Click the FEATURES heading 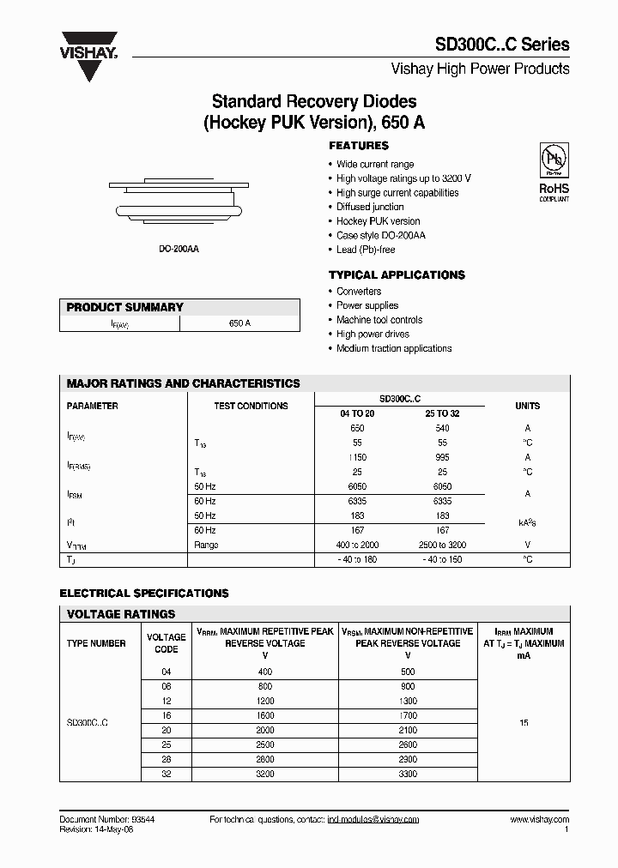point(359,146)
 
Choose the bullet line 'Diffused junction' point(370,207)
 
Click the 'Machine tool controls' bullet point(379,320)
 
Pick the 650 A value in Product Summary point(240,323)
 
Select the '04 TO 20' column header point(358,413)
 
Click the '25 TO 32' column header point(442,413)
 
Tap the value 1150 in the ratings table point(358,457)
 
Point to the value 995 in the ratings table point(442,457)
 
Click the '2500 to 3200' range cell point(442,545)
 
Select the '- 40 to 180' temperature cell point(358,559)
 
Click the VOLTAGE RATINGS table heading point(121,614)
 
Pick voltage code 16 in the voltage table point(167,715)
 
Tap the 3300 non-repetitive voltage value point(408,774)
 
